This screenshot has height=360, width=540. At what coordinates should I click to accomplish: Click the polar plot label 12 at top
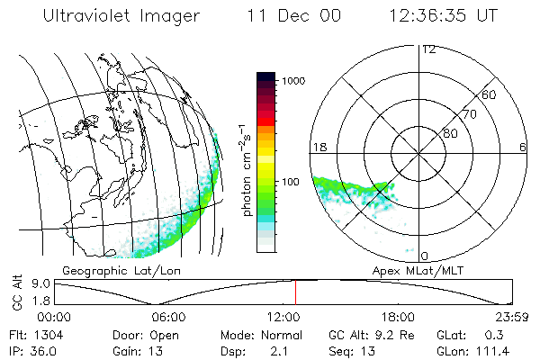pyautogui.click(x=428, y=49)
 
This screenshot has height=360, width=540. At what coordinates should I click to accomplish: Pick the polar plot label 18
pyautogui.click(x=318, y=147)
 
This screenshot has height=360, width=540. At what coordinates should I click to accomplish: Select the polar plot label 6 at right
pyautogui.click(x=523, y=147)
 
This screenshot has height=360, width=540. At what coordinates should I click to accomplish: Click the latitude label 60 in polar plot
pyautogui.click(x=490, y=94)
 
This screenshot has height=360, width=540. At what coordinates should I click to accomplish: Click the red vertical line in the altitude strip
pyautogui.click(x=295, y=292)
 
